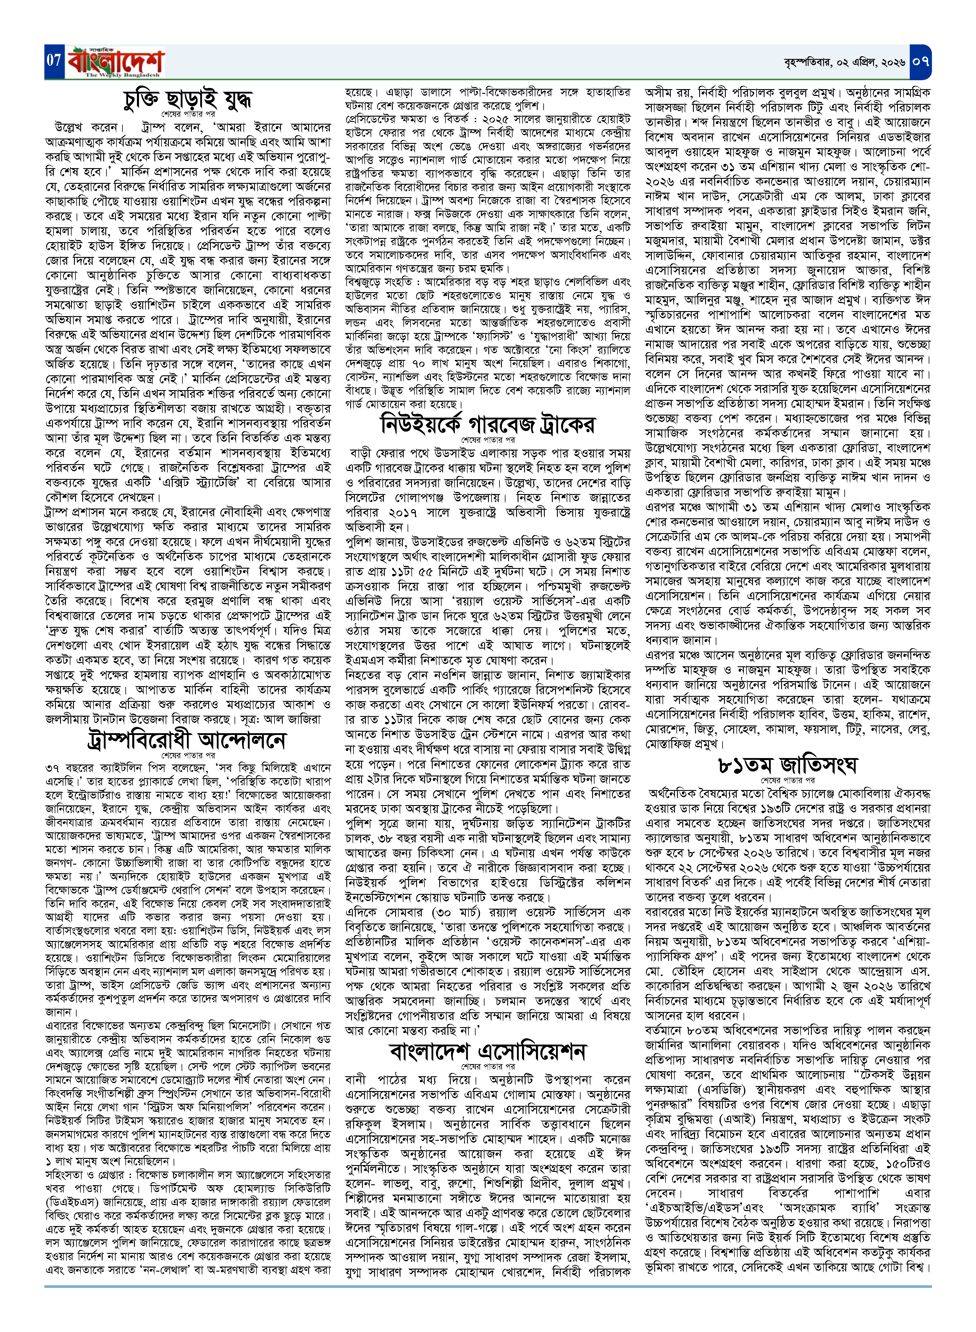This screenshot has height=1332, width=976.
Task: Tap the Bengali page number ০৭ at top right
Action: pyautogui.click(x=920, y=61)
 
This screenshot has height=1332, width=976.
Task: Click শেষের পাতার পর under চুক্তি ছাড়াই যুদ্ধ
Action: pyautogui.click(x=188, y=113)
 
